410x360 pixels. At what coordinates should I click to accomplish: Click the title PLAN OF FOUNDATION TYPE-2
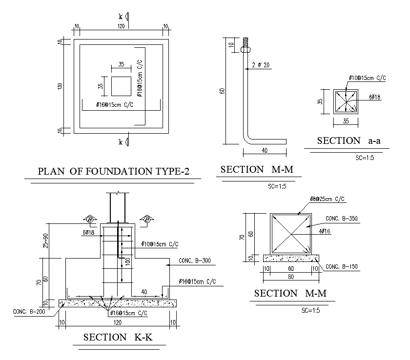[x=113, y=171]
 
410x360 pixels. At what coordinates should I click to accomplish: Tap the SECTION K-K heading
[x=118, y=337]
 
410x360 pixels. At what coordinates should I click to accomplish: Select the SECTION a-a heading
[x=348, y=141]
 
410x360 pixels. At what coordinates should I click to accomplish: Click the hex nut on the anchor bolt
[x=245, y=49]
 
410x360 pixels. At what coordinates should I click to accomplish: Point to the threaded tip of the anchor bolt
[x=245, y=42]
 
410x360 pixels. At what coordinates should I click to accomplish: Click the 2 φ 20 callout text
[x=261, y=65]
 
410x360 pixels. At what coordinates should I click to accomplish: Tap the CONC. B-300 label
[x=195, y=260]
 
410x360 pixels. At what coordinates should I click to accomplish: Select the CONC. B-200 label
[x=29, y=312]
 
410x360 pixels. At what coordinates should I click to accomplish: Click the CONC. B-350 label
[x=342, y=219]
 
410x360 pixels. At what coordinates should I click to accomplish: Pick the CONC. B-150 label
[x=342, y=267]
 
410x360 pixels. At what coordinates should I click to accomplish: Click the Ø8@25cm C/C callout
[x=327, y=199]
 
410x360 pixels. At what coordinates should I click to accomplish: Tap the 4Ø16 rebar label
[x=325, y=231]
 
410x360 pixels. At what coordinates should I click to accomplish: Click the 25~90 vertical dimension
[x=46, y=240]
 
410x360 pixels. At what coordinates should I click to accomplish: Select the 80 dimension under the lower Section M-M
[x=291, y=277]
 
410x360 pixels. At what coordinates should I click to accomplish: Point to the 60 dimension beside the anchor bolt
[x=222, y=91]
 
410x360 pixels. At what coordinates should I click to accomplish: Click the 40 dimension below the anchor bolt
[x=265, y=150]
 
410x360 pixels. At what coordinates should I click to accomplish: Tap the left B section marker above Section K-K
[x=90, y=219]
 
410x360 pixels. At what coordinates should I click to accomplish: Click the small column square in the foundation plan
[x=122, y=86]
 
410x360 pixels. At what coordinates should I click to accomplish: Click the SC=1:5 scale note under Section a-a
[x=365, y=158]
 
